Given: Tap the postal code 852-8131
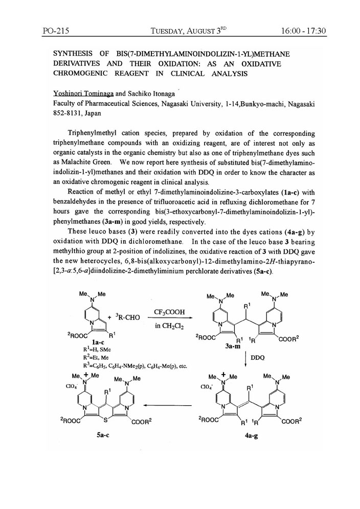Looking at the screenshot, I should pos(67,113).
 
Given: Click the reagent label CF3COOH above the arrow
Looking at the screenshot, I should pos(169,312).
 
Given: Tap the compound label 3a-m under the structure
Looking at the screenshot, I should pos(231,345).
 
